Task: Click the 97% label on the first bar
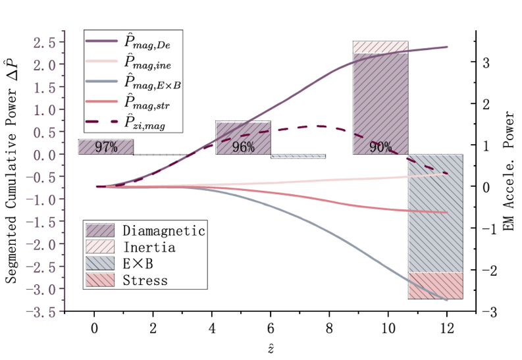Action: click(105, 147)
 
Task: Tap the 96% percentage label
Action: click(243, 147)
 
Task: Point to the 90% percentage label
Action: click(380, 147)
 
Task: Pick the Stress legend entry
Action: click(145, 280)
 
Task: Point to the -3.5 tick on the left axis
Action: click(45, 311)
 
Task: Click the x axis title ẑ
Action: click(271, 347)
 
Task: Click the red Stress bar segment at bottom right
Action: click(435, 286)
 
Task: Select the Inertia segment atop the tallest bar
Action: click(380, 47)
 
